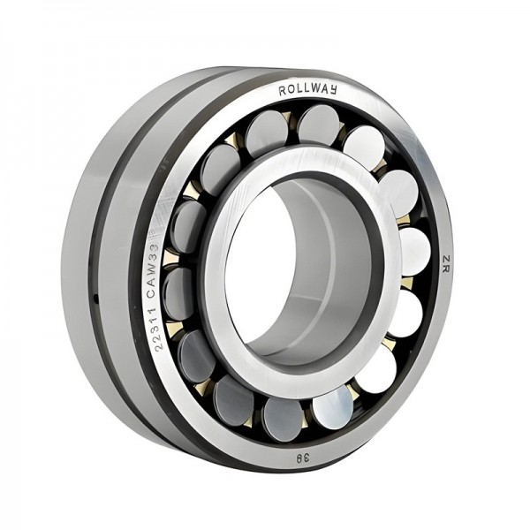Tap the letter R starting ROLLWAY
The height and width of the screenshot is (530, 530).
[x=283, y=91]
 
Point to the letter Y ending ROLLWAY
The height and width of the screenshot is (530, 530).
[x=333, y=89]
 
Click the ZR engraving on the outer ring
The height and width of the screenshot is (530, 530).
[x=446, y=264]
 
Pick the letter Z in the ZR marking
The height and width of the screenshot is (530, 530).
[x=446, y=259]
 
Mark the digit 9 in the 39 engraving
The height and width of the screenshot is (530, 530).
[x=299, y=458]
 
